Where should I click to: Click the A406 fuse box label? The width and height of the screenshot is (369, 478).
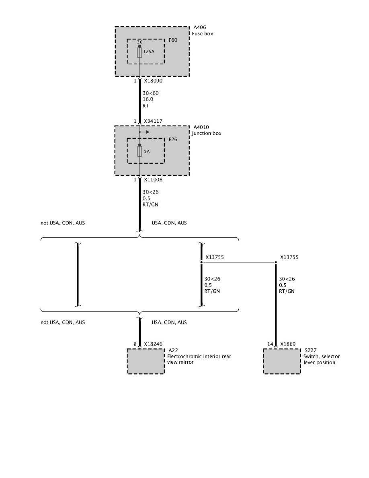click(200, 28)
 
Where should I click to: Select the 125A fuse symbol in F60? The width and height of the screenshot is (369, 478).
click(139, 53)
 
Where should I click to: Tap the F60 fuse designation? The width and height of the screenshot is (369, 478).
click(173, 41)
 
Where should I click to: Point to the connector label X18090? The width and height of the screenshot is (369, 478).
click(153, 81)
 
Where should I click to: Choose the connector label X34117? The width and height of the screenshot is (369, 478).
click(153, 121)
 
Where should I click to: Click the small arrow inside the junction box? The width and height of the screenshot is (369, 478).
click(145, 132)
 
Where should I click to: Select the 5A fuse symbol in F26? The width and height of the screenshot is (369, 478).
click(139, 152)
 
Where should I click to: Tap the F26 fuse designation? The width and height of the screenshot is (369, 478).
click(173, 140)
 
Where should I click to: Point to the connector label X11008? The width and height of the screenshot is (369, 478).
click(153, 180)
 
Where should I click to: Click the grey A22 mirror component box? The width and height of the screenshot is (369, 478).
click(146, 361)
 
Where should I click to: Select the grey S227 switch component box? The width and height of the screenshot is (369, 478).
click(281, 361)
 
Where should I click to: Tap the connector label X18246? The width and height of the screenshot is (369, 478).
click(153, 344)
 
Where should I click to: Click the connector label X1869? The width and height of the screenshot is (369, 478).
click(288, 344)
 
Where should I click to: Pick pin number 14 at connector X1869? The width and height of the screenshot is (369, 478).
click(270, 344)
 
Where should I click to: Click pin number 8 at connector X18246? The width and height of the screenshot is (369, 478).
click(135, 344)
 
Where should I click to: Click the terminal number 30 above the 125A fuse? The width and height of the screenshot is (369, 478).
click(139, 42)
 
